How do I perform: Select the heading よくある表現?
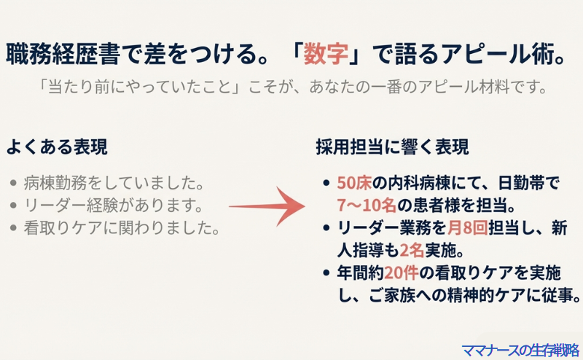tap(57, 146)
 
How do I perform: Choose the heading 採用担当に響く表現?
tap(392, 146)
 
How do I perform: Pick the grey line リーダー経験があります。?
tap(113, 205)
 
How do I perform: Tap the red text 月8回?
tap(467, 227)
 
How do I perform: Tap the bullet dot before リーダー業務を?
tap(326, 227)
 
